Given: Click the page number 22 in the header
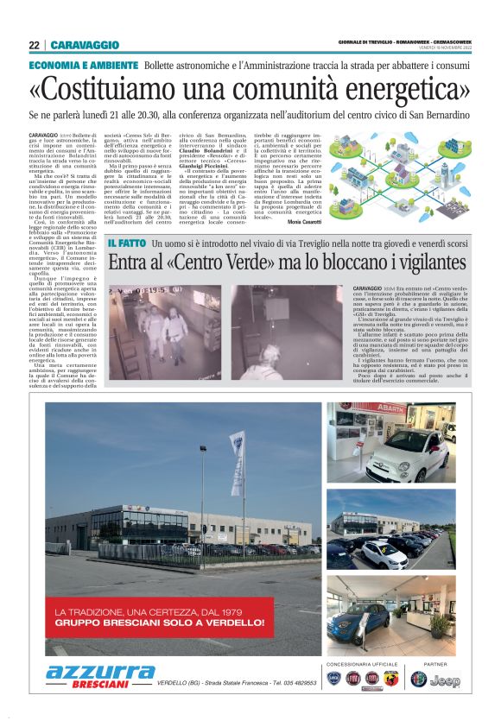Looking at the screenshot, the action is pyautogui.click(x=34, y=45).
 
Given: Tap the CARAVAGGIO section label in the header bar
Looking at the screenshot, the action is pyautogui.click(x=85, y=45).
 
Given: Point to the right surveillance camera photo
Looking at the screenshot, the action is pyautogui.click(x=288, y=331).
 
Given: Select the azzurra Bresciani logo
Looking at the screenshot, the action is pyautogui.click(x=100, y=676).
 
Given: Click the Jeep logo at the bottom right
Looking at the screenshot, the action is pyautogui.click(x=447, y=680).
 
